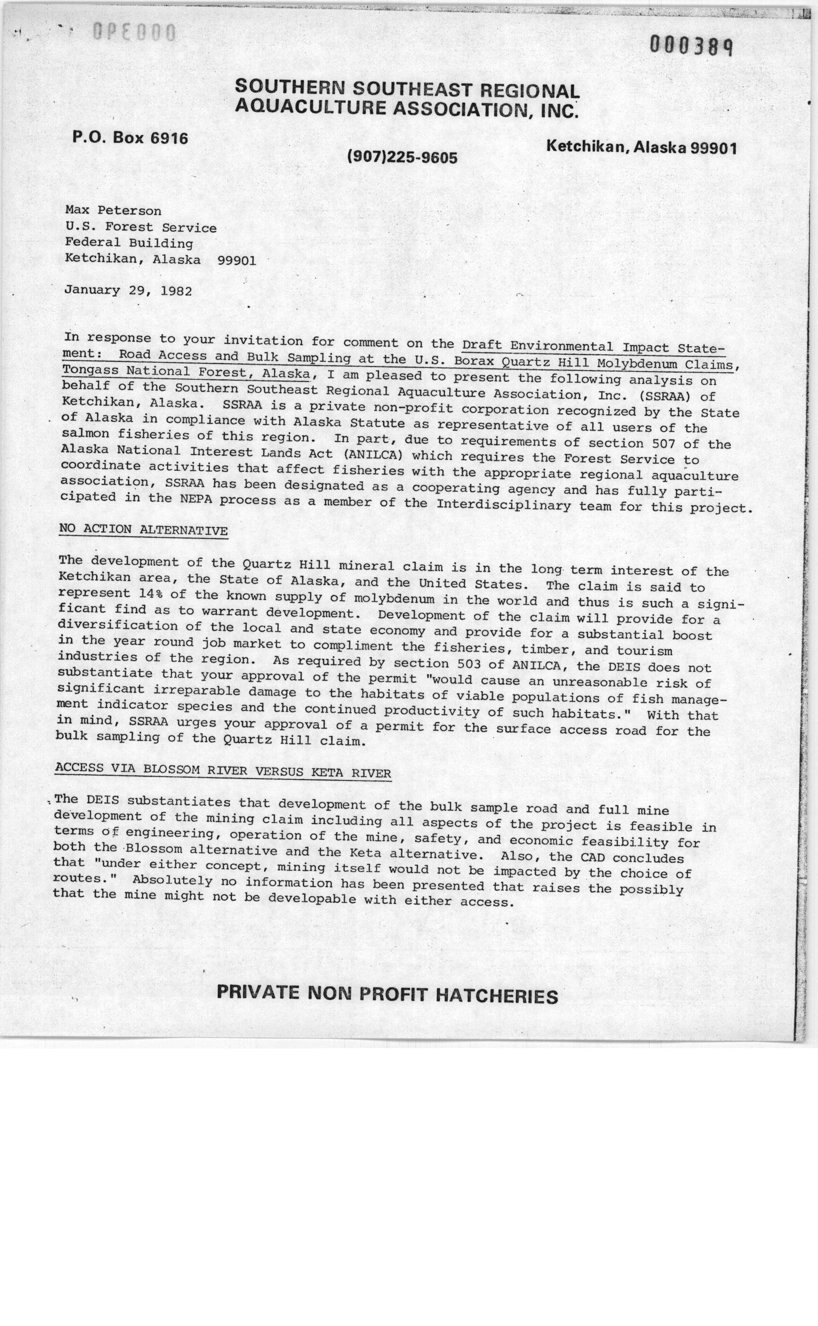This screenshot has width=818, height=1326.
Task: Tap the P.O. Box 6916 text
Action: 130,138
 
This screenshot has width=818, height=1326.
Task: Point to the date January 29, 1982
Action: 128,290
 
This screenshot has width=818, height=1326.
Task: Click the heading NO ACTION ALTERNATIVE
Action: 143,530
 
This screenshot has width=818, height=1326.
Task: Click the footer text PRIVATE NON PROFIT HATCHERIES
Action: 387,994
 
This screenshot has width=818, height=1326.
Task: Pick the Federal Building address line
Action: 129,243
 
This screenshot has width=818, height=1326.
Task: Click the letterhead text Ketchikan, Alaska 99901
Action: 641,147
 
